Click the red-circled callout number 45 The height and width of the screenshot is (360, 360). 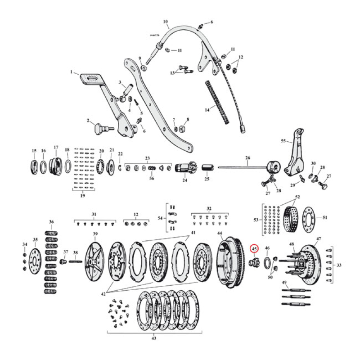pos(254,248)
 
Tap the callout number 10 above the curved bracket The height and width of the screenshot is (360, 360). pos(165,21)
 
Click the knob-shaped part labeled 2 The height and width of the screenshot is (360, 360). pos(99,129)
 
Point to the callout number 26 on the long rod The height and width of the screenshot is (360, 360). pos(247,158)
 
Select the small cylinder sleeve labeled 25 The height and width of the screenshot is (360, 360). pos(207,170)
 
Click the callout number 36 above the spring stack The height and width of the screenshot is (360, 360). pos(51,222)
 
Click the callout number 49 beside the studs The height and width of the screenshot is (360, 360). pos(284,283)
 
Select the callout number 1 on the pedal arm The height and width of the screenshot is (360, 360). pos(71,72)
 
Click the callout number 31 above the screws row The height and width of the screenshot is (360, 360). pos(94,214)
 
